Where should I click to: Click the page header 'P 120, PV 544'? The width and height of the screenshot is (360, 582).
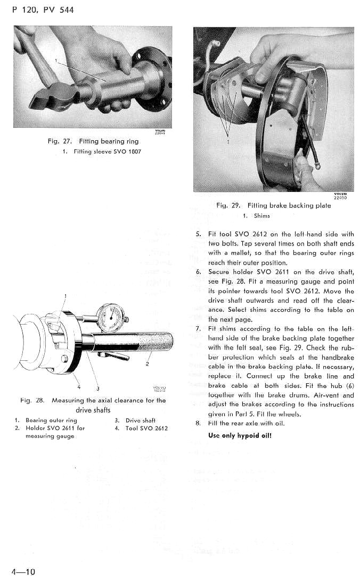click(43, 10)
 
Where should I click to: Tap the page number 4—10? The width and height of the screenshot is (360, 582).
click(23, 572)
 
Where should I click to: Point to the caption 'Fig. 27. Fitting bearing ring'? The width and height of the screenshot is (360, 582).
click(93, 141)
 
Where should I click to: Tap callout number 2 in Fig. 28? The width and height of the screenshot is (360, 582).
click(146, 365)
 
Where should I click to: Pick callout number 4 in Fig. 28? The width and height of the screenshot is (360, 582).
click(78, 386)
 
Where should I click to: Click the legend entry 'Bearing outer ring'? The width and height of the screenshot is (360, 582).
click(51, 421)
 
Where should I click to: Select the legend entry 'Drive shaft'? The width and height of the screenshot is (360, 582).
click(140, 421)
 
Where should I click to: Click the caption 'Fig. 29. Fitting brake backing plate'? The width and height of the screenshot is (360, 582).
click(273, 205)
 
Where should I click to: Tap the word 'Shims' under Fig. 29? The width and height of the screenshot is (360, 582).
click(261, 216)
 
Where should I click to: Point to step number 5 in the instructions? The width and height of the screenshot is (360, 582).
click(198, 234)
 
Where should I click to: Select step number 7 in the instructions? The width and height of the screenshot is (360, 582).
click(198, 328)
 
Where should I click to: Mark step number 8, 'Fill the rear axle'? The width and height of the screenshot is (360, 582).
click(198, 424)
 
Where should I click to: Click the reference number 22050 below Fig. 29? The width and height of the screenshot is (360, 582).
click(340, 198)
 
